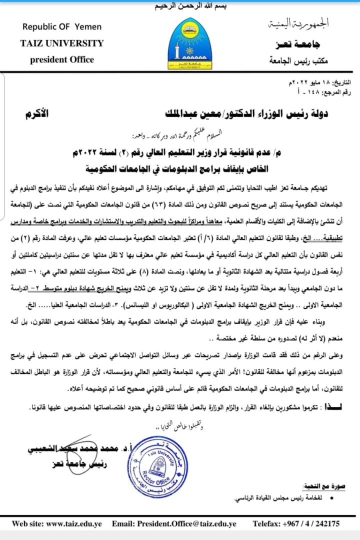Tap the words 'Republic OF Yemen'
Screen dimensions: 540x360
(x=62, y=26)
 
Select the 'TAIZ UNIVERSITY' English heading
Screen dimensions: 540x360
(x=62, y=43)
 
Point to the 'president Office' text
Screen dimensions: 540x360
(x=62, y=59)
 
